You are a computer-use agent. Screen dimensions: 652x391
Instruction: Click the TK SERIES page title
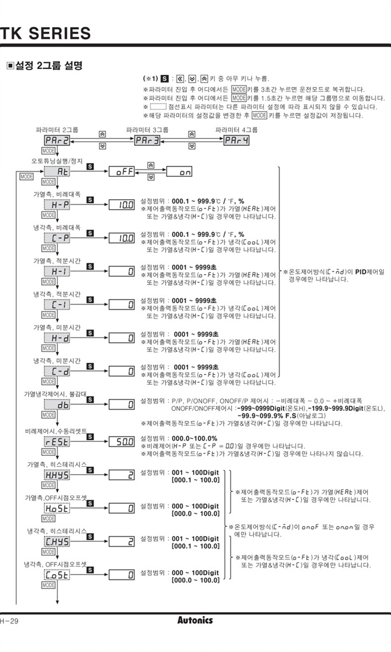46,33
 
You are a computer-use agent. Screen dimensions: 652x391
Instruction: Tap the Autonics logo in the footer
195,620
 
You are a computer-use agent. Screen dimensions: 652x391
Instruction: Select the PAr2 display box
57,141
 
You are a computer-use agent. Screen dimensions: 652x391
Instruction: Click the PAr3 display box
147,141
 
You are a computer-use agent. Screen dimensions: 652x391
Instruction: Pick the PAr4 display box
236,141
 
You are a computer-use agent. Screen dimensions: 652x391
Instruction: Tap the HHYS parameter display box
57,475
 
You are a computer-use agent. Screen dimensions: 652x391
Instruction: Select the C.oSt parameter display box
57,574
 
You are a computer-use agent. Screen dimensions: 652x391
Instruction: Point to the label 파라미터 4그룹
236,130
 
